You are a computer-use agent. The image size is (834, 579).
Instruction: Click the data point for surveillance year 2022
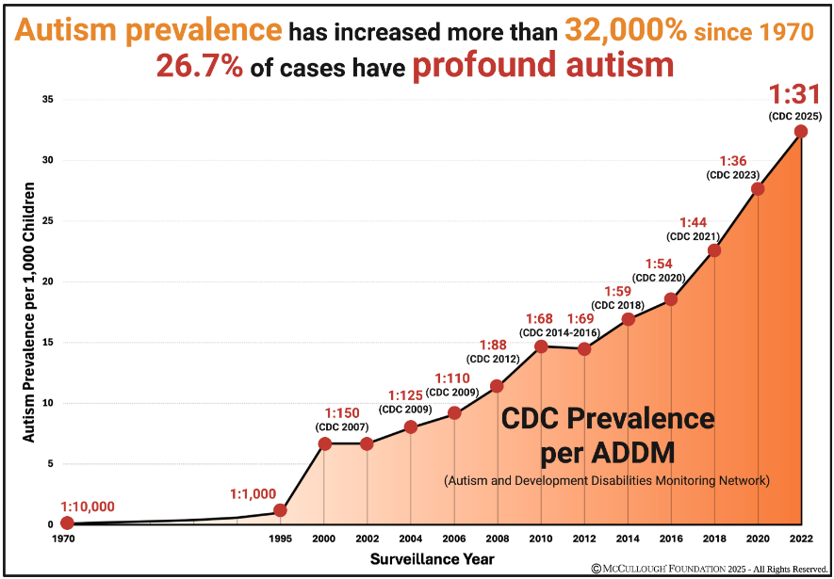coord(801,132)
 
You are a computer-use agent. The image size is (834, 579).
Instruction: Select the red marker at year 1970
coord(66,523)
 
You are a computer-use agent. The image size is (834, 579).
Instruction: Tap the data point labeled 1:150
coord(324,443)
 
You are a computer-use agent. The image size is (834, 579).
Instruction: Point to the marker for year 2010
coord(541,346)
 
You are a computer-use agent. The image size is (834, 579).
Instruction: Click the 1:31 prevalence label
coord(796,95)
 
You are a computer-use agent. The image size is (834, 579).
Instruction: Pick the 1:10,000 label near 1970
coord(88,507)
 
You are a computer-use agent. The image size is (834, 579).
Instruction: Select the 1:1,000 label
coord(253,493)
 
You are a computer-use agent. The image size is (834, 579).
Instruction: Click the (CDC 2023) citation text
coord(733,175)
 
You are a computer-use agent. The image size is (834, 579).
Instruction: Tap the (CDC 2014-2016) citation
coord(559,331)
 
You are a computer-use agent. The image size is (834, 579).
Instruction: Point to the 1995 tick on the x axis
coord(280,539)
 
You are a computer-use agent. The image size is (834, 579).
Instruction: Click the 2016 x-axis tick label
coord(671,539)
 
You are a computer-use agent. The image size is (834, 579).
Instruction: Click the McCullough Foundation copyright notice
coord(709,569)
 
